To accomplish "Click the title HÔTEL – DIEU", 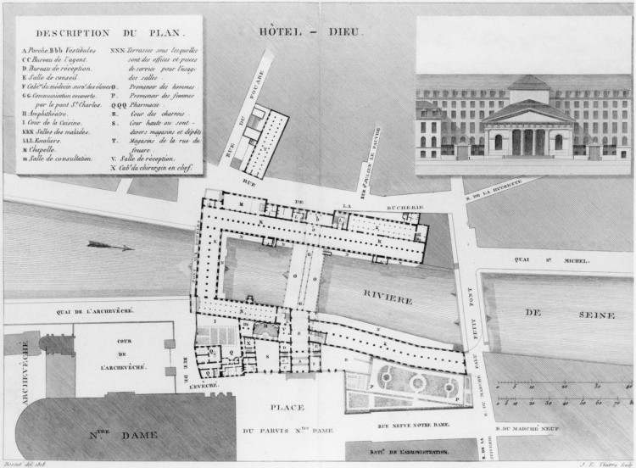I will tap(312, 33).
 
